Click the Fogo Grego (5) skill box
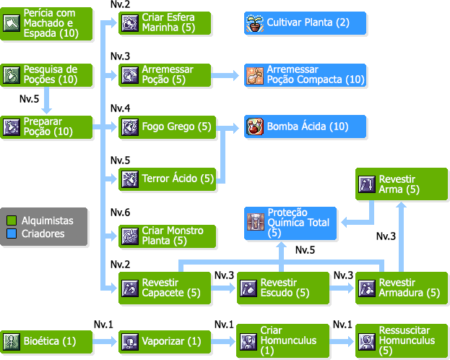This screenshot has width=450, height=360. click(166, 127)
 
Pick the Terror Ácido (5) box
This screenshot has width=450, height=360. click(166, 178)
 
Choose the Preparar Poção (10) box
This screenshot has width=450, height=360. click(48, 127)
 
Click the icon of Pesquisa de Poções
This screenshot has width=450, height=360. click(12, 74)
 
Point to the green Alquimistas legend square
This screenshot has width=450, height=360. click(12, 220)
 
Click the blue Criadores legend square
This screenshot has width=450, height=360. click(12, 233)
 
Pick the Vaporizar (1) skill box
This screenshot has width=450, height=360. click(166, 341)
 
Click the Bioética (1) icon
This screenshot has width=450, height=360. click(12, 341)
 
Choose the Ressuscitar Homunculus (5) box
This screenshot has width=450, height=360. click(402, 340)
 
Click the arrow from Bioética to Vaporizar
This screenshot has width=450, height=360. click(107, 341)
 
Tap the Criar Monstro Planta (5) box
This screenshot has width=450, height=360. click(166, 236)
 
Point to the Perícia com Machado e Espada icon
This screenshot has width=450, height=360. click(12, 23)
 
